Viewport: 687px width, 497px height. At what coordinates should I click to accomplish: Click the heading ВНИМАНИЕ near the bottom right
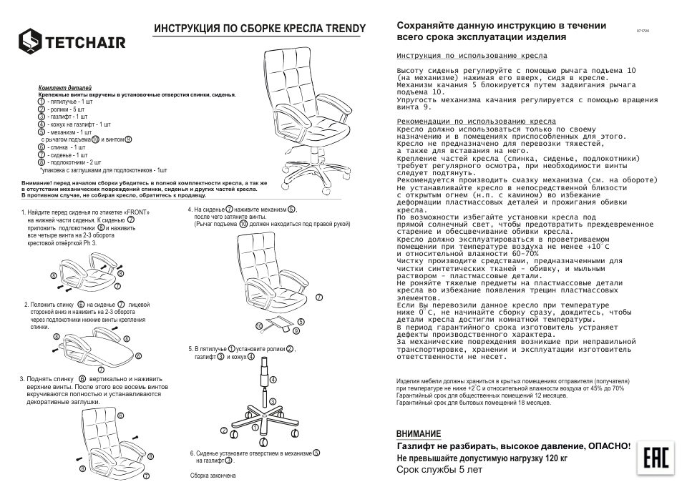[x=419, y=434]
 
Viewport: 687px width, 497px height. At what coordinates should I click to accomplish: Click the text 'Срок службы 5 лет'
[x=439, y=470]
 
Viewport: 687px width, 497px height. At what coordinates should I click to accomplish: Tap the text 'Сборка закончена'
[x=213, y=476]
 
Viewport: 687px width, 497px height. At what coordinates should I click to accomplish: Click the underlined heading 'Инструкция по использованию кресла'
[x=472, y=55]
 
